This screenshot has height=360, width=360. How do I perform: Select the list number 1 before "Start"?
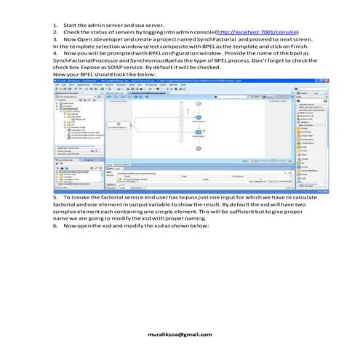click(x=55, y=25)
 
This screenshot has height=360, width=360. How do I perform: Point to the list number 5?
click(x=55, y=197)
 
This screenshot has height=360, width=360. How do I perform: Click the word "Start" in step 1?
click(x=71, y=25)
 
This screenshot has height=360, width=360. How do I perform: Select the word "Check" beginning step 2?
click(x=73, y=33)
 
